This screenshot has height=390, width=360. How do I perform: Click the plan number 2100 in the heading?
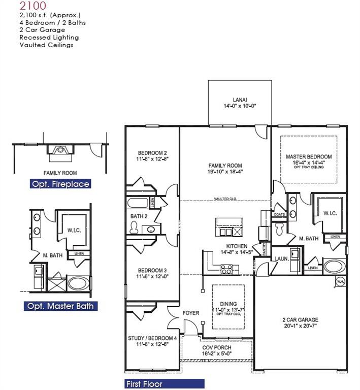coord(32,6)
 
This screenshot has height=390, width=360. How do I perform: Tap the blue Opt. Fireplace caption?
coord(60,184)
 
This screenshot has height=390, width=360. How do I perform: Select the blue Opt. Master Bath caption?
coord(60,306)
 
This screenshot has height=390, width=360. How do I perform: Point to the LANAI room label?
coord(239,103)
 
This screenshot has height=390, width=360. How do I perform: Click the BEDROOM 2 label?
coord(152,153)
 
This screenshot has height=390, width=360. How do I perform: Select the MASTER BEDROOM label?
coord(308,157)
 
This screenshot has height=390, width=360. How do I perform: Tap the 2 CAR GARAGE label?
coord(300,320)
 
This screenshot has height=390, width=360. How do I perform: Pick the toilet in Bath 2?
coord(134,228)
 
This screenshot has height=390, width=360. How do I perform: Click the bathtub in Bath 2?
coord(138,204)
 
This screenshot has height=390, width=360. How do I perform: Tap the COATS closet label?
coord(279,214)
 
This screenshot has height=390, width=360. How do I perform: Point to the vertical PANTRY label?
coord(265,249)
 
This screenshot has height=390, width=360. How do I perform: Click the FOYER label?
coord(191,313)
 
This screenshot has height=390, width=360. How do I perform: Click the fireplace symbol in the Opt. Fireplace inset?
coord(60,150)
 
